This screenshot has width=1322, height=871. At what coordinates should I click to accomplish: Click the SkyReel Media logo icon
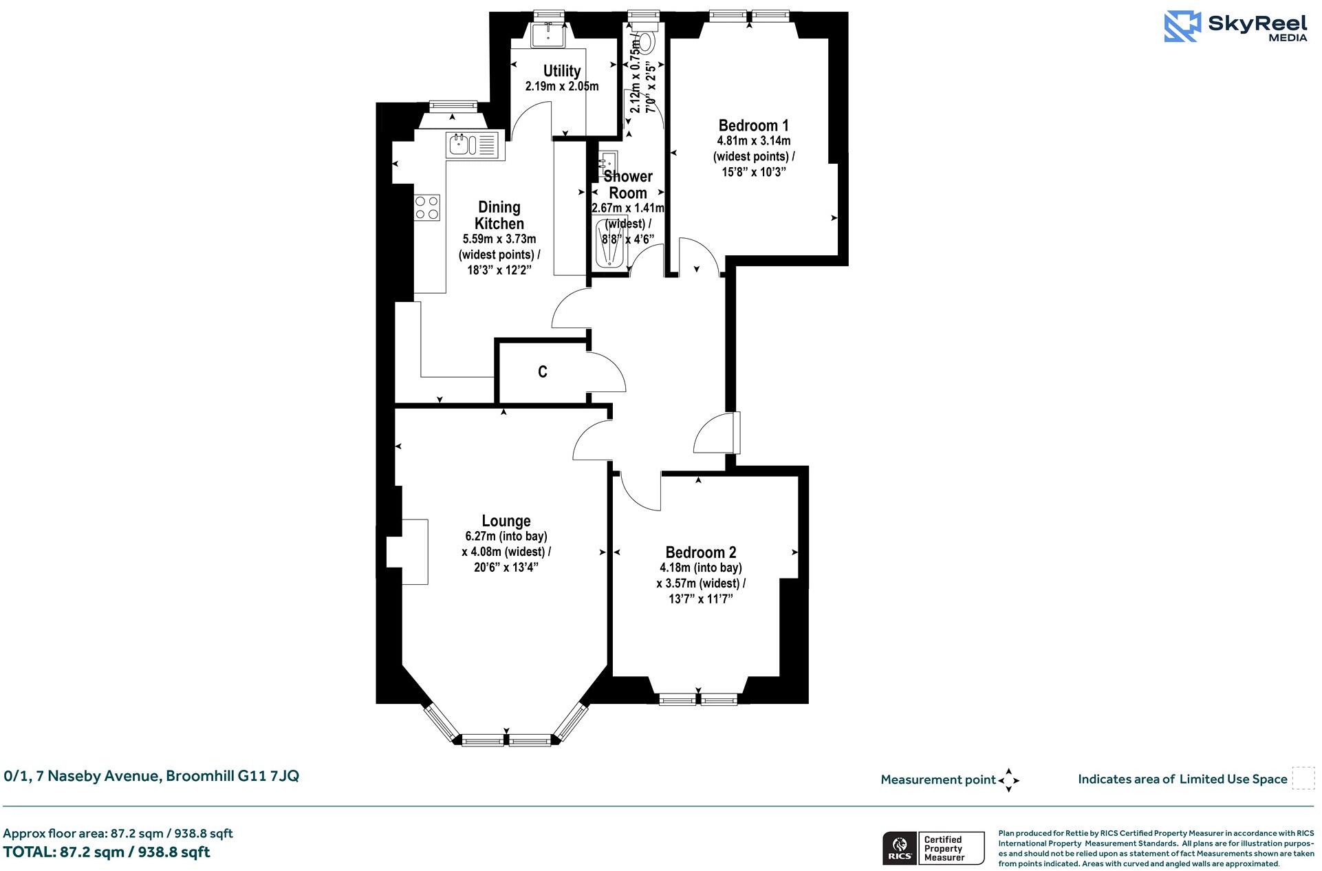point(1182,27)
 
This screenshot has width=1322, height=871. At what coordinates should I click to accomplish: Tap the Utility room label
point(562,71)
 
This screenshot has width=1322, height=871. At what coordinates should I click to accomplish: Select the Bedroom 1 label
point(753,125)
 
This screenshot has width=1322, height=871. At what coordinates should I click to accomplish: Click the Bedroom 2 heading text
point(700,552)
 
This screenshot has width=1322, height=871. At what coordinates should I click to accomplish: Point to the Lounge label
point(506,521)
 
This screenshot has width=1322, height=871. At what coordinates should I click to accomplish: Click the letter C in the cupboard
point(543,372)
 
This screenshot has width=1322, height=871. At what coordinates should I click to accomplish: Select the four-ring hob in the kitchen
point(426,208)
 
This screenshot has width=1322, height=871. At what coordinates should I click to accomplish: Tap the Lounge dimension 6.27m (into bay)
point(506,536)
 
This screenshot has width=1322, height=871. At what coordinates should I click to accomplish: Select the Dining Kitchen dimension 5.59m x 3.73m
point(499,239)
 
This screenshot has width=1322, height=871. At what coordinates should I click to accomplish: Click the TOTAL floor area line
point(107,852)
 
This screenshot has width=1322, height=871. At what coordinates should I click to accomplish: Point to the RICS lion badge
point(898,848)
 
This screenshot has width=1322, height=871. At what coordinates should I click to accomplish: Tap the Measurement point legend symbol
point(1008,780)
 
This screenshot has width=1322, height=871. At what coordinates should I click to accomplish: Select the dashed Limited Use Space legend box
point(1303,778)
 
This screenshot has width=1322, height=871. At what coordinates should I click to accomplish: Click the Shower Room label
point(627,184)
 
